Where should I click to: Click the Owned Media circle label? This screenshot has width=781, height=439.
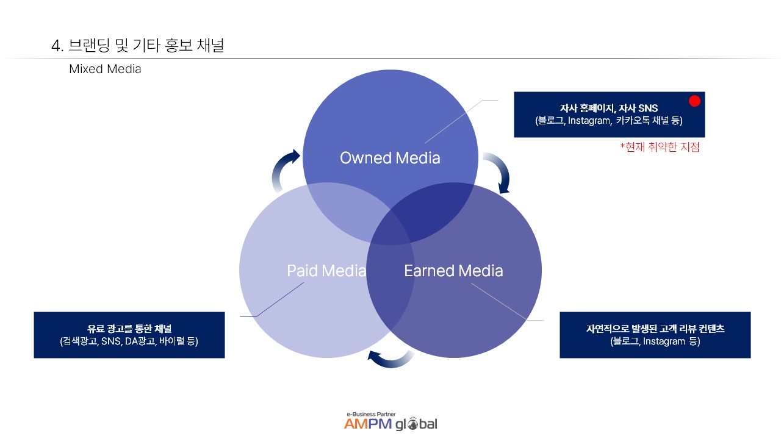point(390,158)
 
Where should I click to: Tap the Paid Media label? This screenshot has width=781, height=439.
point(326,271)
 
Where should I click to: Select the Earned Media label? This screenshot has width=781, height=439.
point(453,271)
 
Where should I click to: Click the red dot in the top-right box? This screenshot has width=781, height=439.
point(694,101)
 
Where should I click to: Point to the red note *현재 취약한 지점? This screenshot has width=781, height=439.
point(660,147)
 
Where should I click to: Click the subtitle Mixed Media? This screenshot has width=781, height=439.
point(105,69)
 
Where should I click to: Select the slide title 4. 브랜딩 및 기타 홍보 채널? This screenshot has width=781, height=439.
point(138,45)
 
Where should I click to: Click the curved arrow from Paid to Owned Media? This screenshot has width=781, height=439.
point(284,170)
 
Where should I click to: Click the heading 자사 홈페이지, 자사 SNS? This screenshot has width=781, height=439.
point(609,109)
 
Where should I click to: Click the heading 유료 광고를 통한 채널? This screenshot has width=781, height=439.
point(129,329)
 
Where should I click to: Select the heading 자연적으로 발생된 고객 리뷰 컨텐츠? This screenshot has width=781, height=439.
point(655,329)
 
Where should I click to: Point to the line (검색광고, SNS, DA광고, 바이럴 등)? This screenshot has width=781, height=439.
point(129,341)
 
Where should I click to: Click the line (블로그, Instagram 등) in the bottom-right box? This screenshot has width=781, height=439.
point(655,341)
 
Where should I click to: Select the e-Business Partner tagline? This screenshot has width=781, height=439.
point(370,413)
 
